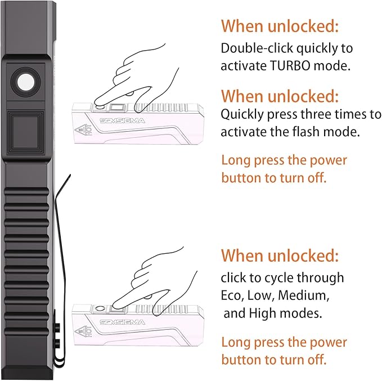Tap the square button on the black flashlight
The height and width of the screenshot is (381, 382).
tap(25, 132)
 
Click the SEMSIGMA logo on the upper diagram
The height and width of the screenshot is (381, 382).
tap(122, 120)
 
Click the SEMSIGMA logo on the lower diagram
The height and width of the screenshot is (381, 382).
tap(122, 322)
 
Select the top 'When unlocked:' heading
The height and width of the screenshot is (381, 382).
tap(280, 26)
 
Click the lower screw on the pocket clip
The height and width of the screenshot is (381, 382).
tap(57, 344)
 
